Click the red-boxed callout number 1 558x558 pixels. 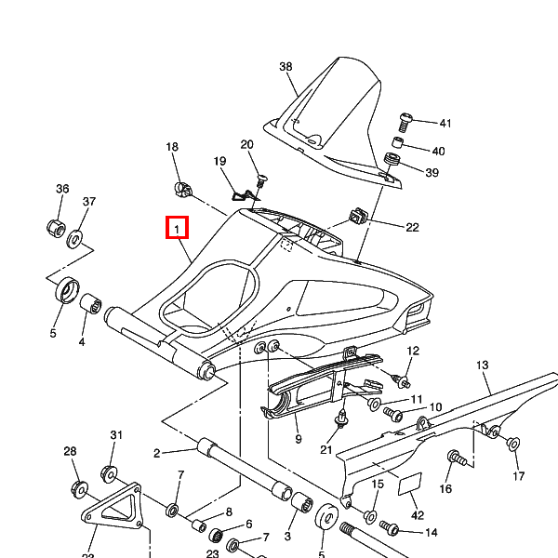pyautogui.click(x=177, y=228)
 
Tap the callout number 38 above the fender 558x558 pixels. pyautogui.click(x=286, y=67)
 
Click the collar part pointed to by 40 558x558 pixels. pyautogui.click(x=395, y=144)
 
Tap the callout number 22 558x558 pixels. pyautogui.click(x=412, y=227)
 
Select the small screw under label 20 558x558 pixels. pyautogui.click(x=261, y=177)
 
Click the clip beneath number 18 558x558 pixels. pyautogui.click(x=181, y=190)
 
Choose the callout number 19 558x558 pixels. pyautogui.click(x=219, y=162)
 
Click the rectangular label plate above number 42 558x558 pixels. pyautogui.click(x=410, y=484)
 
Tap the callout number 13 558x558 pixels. pyautogui.click(x=483, y=365)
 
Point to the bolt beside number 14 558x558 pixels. pyautogui.click(x=390, y=529)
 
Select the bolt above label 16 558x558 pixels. pyautogui.click(x=455, y=457)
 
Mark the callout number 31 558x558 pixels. pyautogui.click(x=116, y=435)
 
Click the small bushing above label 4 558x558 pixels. pyautogui.click(x=91, y=304)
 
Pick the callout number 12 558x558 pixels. pyautogui.click(x=413, y=351)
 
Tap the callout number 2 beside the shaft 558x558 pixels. pyautogui.click(x=157, y=454)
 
